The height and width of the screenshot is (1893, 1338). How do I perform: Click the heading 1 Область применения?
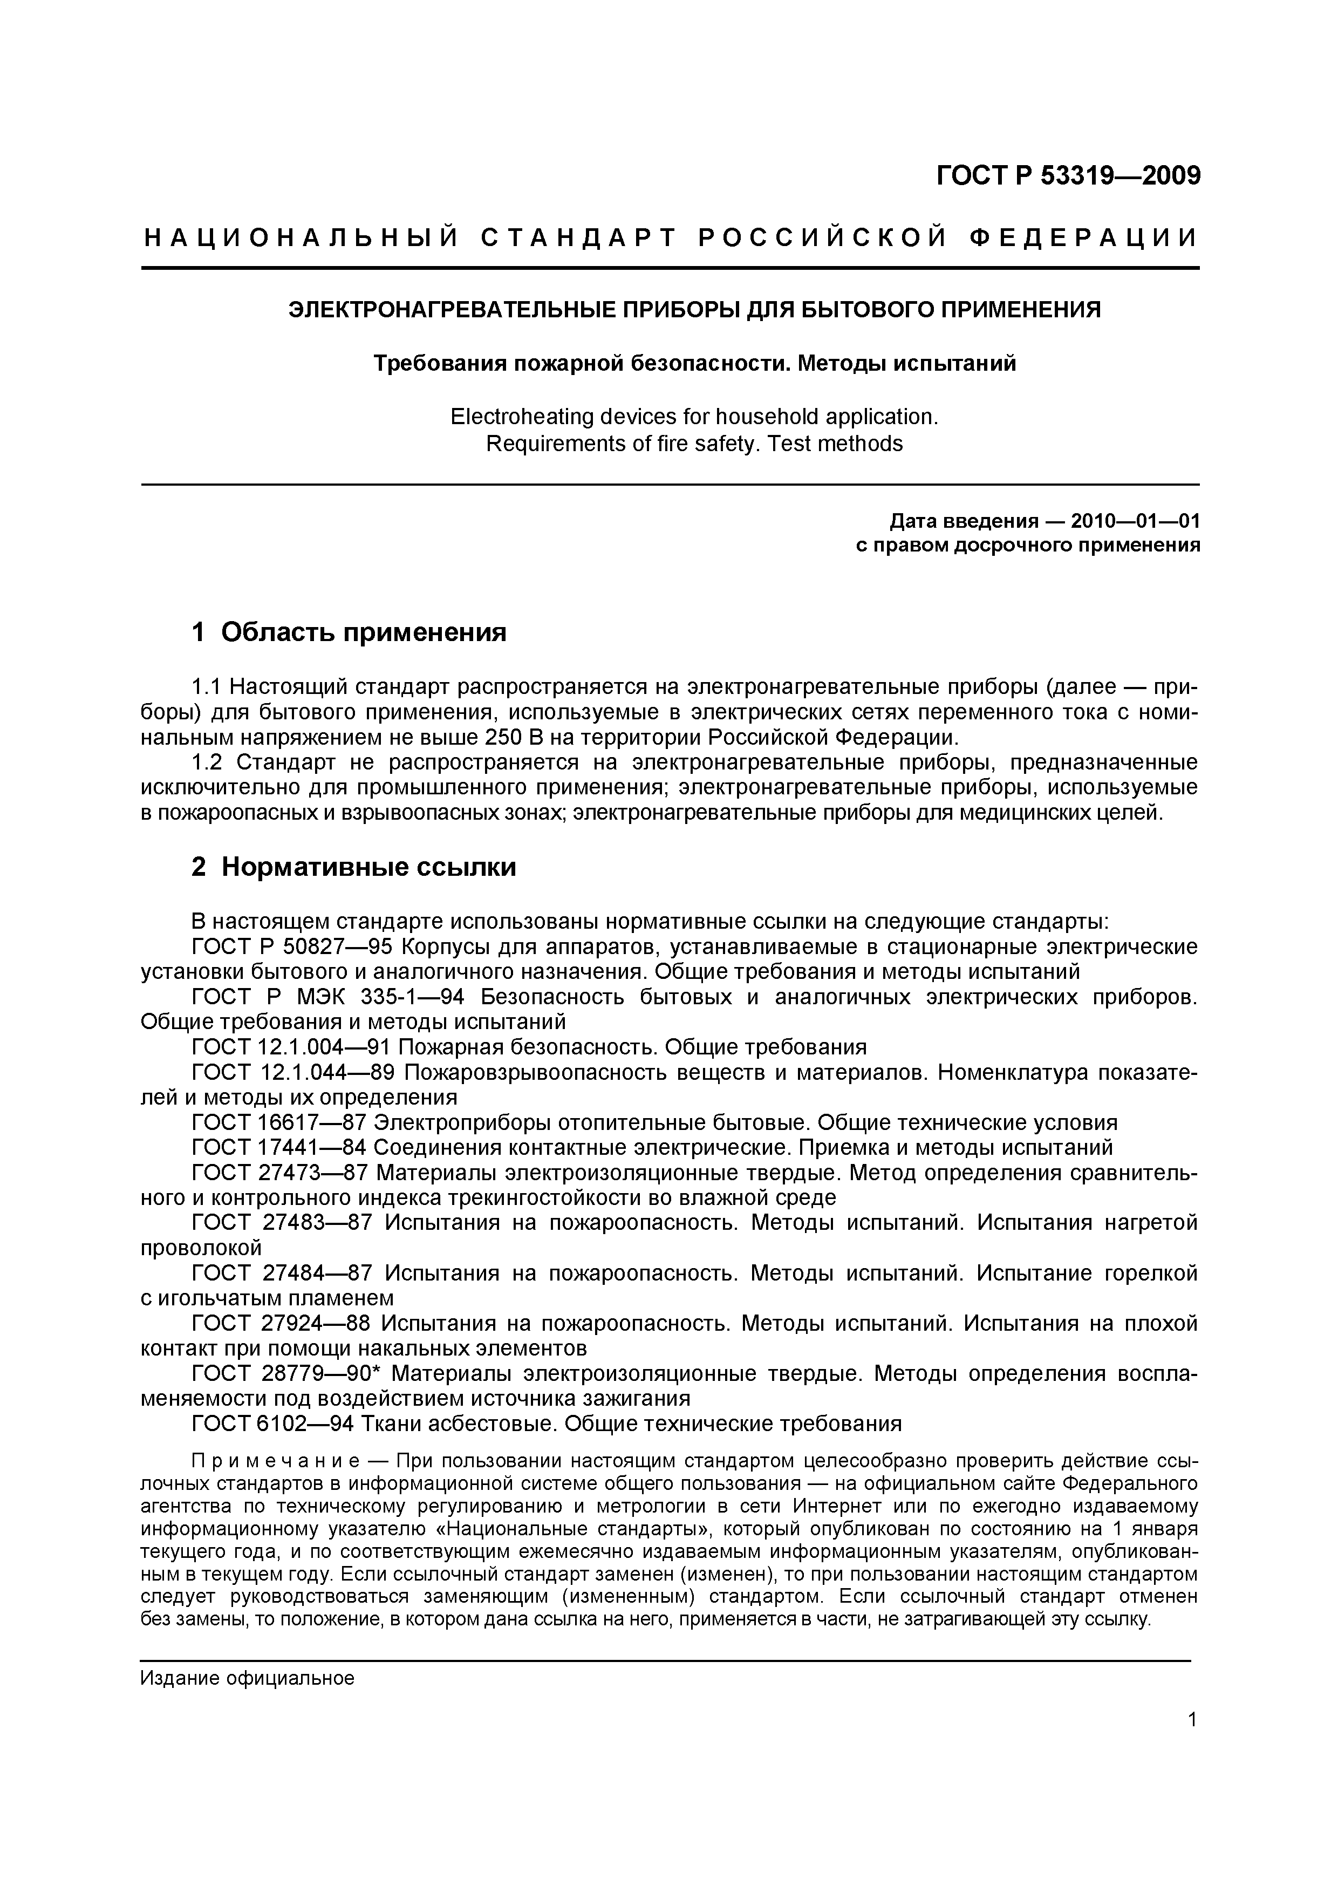pos(349,632)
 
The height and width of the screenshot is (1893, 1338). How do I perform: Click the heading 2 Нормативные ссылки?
pos(354,867)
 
